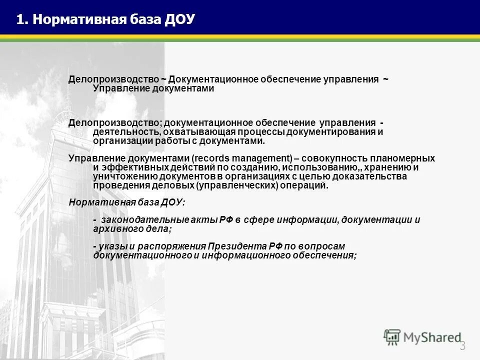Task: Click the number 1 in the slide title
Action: (19, 19)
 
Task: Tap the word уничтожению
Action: (118, 176)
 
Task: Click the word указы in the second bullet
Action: (113, 246)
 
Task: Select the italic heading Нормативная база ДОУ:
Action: (126, 202)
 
